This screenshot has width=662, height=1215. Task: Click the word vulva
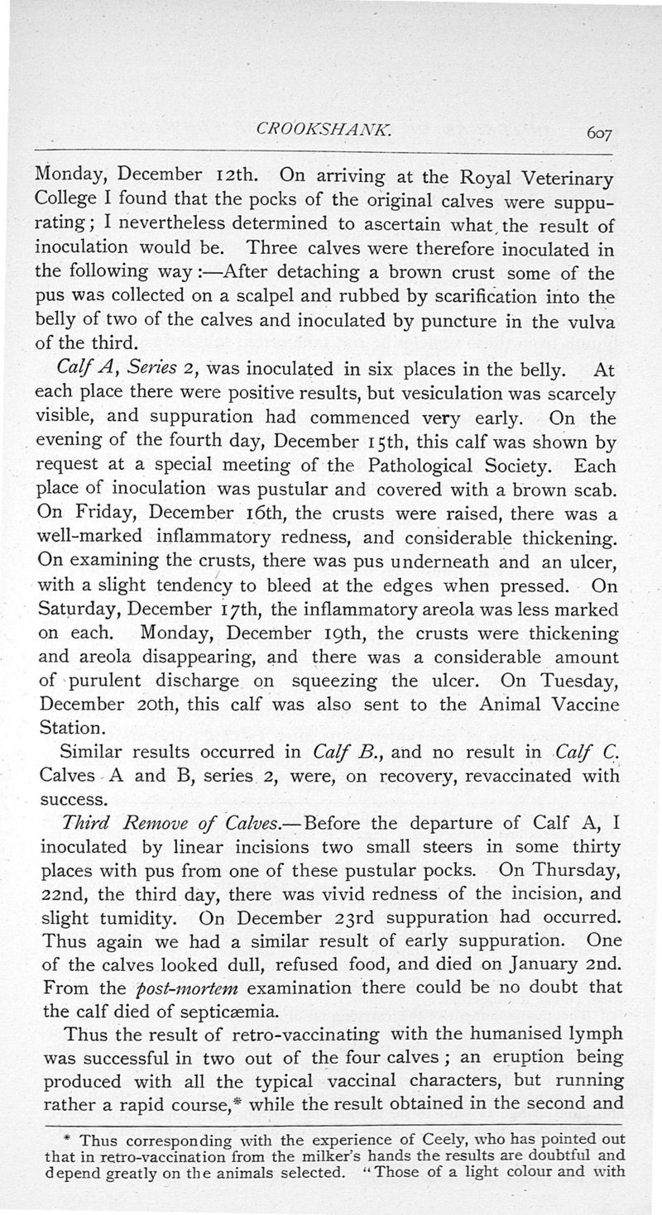[587, 321]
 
